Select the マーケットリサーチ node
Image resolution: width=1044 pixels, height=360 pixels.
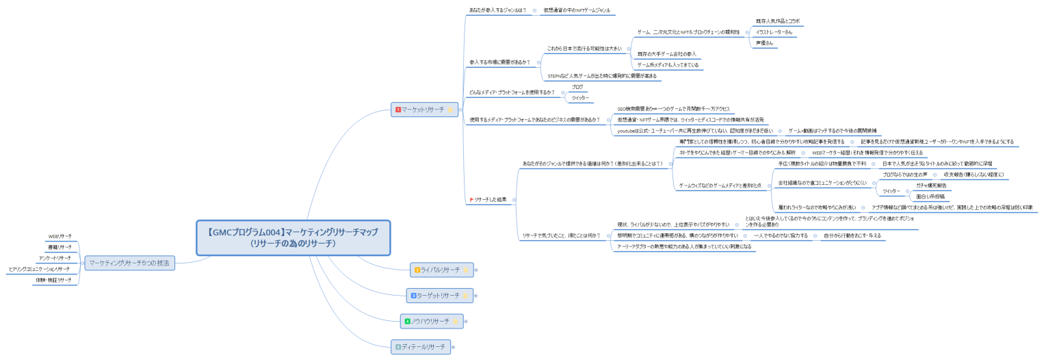pos(422,109)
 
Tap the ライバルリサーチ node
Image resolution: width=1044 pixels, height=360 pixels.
pos(440,270)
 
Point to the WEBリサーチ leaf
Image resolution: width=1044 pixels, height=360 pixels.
pos(60,236)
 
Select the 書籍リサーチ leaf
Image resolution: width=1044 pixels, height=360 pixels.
pos(60,246)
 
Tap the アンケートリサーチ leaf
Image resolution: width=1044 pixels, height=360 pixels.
pos(55,258)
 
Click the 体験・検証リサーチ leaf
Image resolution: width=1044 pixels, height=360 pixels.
pos(53,280)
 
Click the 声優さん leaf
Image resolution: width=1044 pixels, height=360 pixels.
pos(764,42)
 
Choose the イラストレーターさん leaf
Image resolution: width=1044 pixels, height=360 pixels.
pos(774,31)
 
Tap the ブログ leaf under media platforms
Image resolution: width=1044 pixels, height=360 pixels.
pos(577,87)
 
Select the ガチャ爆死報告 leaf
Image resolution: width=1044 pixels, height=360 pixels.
pos(931,185)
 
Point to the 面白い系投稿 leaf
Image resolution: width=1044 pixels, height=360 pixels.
pos(931,196)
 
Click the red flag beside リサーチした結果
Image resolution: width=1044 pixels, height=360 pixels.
pos(471,199)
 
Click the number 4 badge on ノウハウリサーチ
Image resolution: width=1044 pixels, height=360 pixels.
pos(407,320)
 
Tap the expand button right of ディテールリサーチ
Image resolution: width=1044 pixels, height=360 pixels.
pos(453,347)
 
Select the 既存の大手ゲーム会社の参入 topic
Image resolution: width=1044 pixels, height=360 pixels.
pos(666,53)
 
